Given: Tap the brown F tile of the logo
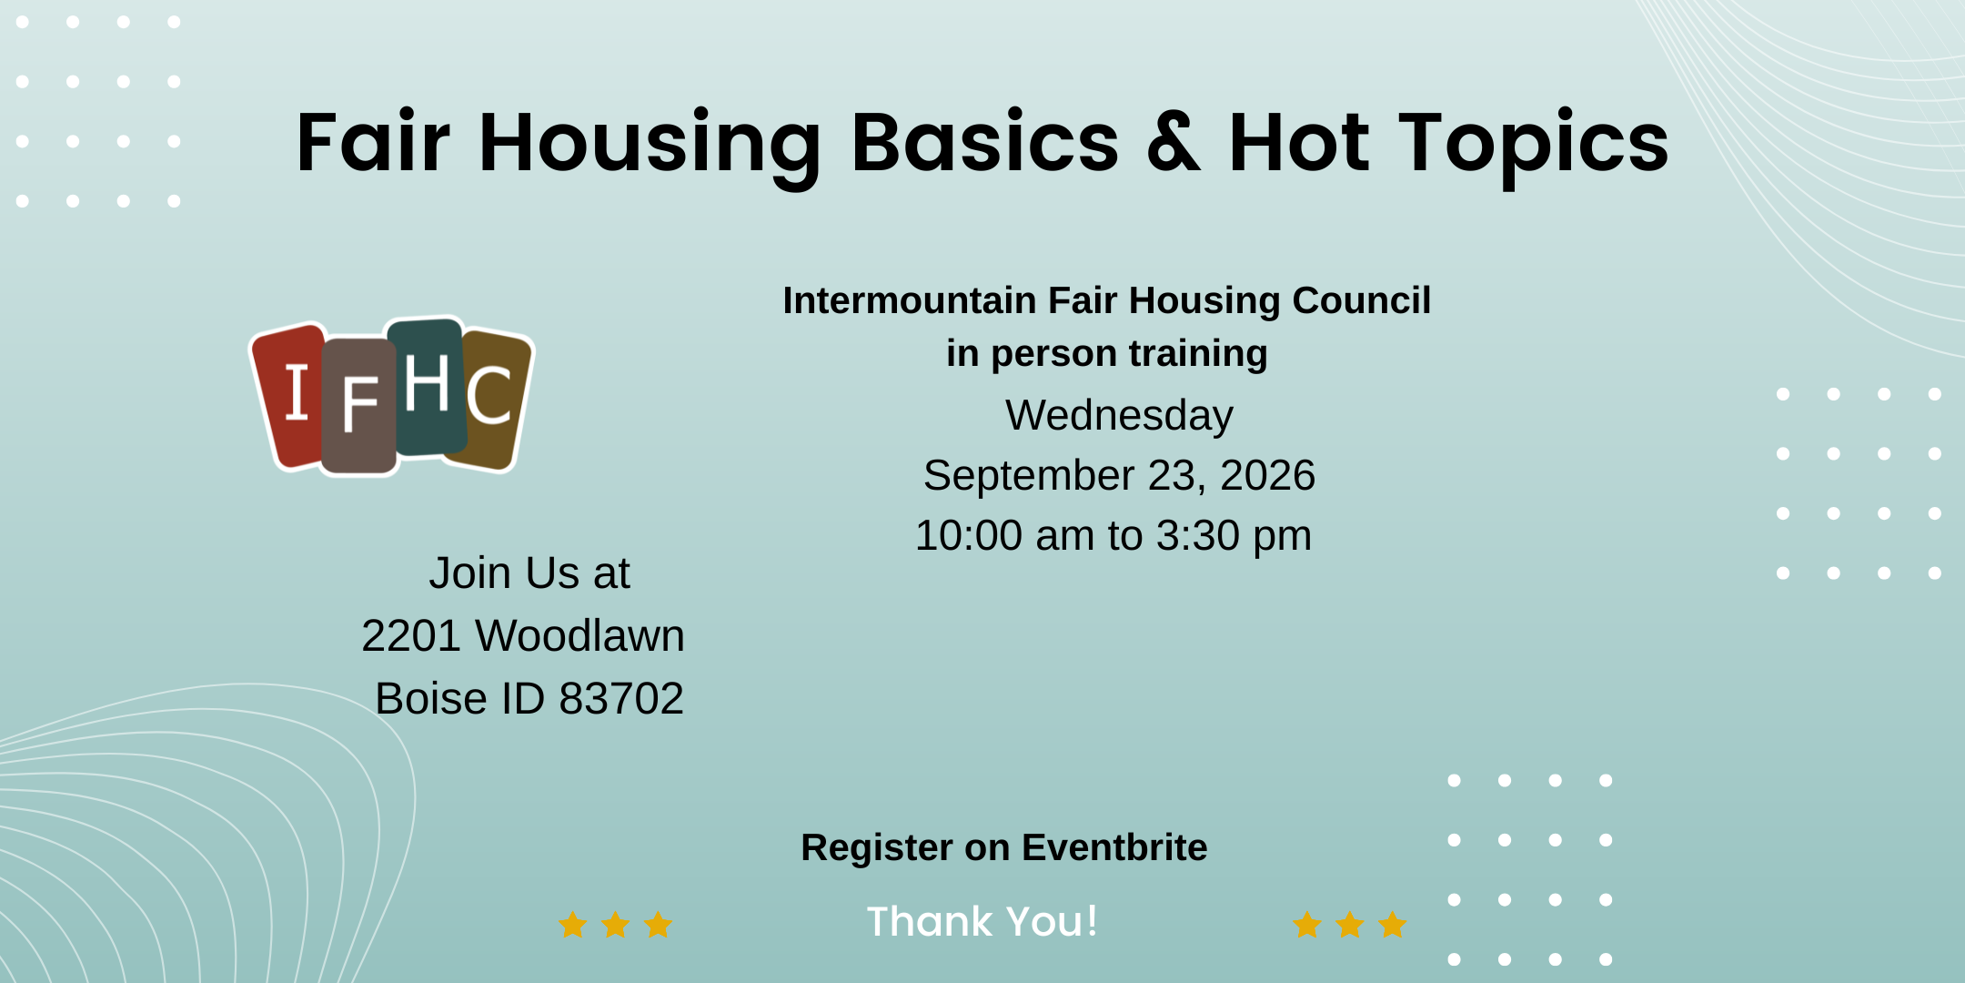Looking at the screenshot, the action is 358,406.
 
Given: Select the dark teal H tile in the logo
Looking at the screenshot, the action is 427,386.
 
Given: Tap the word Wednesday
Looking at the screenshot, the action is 1119,416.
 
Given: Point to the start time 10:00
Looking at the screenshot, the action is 969,535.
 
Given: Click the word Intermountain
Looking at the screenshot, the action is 910,300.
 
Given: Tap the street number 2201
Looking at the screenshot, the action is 410,635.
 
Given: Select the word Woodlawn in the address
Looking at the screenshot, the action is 579,635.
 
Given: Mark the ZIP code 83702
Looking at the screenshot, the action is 621,699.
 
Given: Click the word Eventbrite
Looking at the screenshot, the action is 1114,847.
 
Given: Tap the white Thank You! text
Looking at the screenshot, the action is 982,921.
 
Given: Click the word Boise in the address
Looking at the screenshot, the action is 431,699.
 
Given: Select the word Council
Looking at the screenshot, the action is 1362,300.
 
